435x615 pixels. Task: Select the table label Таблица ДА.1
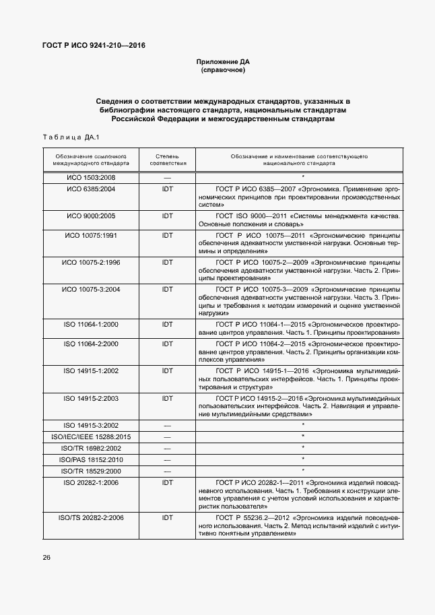click(71, 138)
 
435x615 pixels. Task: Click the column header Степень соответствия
click(167, 159)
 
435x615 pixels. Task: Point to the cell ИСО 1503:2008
click(91, 177)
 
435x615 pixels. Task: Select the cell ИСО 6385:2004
click(91, 189)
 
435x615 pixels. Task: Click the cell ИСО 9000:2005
click(91, 216)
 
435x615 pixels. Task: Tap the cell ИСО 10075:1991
click(91, 235)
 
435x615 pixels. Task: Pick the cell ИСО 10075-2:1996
click(91, 261)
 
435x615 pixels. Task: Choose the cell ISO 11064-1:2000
click(91, 325)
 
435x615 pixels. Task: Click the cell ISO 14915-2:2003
click(91, 398)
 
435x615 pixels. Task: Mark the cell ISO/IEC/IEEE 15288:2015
click(91, 436)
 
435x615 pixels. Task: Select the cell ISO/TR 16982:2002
click(91, 448)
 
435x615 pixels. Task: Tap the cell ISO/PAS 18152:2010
click(91, 459)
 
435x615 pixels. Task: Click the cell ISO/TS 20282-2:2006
click(91, 517)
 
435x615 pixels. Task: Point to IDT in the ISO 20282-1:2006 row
click(167, 482)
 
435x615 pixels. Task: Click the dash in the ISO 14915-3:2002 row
click(167, 426)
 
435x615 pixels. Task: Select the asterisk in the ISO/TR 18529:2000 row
click(303, 470)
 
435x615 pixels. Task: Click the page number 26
click(46, 558)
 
